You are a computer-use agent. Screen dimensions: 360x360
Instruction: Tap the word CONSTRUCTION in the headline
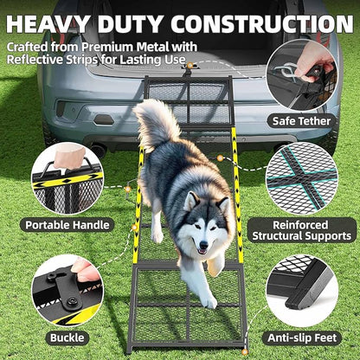coord(260,22)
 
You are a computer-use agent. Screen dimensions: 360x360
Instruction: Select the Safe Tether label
coord(299,121)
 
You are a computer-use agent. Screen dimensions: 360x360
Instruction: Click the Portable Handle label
coord(68,225)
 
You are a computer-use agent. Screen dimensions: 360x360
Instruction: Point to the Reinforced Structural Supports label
coord(300,228)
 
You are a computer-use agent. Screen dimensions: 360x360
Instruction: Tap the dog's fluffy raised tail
coord(155,121)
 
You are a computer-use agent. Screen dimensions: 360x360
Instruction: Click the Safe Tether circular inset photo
coord(300,74)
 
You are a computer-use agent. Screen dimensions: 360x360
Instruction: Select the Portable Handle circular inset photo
coord(67,178)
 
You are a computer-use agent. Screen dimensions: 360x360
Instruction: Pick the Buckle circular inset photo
coord(67,289)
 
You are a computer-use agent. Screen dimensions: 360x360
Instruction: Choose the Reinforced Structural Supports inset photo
coord(300,178)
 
